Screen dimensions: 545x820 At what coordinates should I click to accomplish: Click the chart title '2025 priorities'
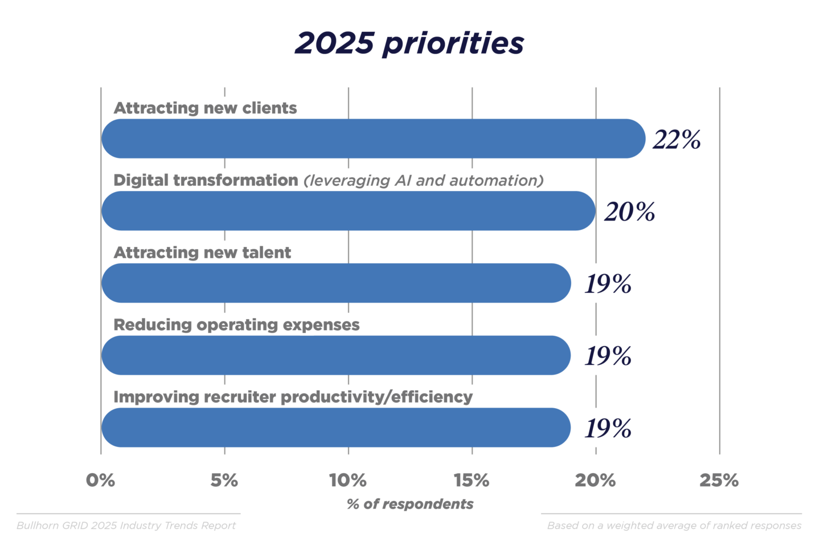[409, 43]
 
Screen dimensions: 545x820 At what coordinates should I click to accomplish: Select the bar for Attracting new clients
[373, 139]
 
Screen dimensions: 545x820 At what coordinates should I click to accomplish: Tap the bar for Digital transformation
[348, 211]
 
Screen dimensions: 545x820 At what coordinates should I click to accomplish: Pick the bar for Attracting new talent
[336, 283]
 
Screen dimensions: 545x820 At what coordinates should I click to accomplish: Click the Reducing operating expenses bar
[336, 355]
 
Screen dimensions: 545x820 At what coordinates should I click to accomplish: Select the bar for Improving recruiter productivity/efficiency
[336, 428]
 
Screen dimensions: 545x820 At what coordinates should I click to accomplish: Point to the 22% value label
[676, 140]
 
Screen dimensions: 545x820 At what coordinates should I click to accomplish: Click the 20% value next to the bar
[629, 212]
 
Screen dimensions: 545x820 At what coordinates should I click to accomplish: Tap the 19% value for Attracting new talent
[608, 284]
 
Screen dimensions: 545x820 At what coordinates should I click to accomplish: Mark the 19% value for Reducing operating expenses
[608, 356]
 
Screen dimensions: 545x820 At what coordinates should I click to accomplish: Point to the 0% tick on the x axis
[101, 481]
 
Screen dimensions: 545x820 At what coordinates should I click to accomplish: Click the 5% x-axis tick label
[224, 481]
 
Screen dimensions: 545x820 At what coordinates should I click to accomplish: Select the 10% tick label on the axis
[348, 481]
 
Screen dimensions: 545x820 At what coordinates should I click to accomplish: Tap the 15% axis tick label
[471, 481]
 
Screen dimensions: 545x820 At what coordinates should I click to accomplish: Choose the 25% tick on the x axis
[719, 481]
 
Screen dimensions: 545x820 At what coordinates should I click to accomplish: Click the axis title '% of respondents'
[410, 504]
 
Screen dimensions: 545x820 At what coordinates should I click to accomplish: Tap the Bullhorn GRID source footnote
[126, 526]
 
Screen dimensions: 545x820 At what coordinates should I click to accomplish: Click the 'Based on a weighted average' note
[674, 526]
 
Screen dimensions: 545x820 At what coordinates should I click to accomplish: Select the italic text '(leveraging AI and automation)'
[424, 181]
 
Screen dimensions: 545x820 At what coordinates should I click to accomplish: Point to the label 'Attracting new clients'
[205, 108]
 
